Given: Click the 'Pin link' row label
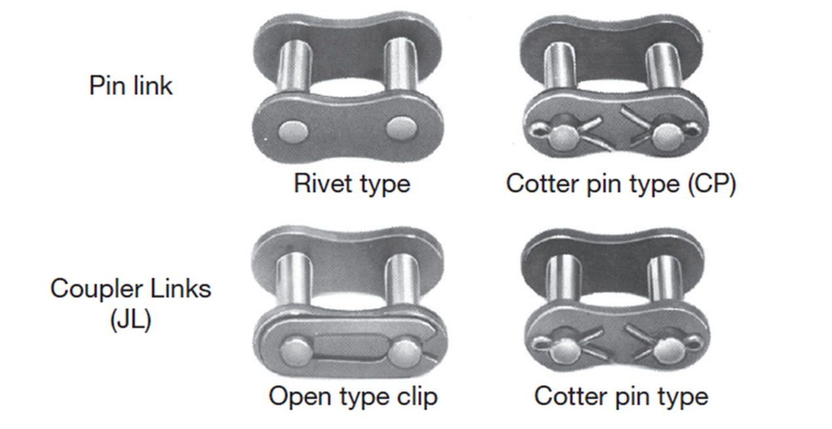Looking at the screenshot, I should click(x=131, y=85).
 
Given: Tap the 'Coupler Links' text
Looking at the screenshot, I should click(x=131, y=289).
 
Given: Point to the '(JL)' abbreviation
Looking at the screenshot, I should click(x=131, y=321).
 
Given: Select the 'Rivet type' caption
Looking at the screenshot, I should click(x=352, y=184).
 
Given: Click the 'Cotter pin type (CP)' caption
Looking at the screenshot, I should click(x=621, y=184).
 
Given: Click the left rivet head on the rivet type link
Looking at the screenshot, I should click(x=292, y=128).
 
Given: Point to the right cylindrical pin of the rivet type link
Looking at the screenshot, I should click(x=399, y=65).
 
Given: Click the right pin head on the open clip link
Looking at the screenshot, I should click(x=405, y=352).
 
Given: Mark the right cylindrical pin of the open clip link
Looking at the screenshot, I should click(x=400, y=282).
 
